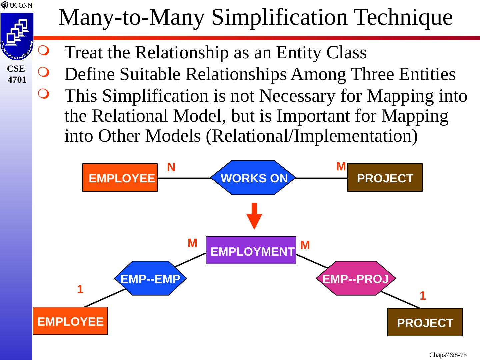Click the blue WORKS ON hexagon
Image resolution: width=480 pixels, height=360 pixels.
(x=254, y=178)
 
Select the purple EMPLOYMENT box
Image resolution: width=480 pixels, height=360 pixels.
(x=251, y=250)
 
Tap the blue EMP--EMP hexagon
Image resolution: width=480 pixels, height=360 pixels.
(x=150, y=278)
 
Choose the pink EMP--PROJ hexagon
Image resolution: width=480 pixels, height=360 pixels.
(x=356, y=278)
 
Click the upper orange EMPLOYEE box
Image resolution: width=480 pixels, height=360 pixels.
(x=120, y=178)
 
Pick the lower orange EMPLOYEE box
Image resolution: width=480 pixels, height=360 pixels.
(x=70, y=321)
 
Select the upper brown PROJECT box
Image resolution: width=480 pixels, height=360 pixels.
(x=385, y=178)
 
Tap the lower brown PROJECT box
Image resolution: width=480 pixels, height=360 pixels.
(x=425, y=322)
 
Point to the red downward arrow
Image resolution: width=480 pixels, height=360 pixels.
(x=254, y=216)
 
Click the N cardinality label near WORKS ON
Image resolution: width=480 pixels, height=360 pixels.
(x=171, y=167)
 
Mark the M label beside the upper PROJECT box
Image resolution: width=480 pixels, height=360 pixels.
(x=341, y=166)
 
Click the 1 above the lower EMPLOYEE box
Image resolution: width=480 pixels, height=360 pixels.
(x=80, y=289)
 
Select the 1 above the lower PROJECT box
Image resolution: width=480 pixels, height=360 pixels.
(x=423, y=296)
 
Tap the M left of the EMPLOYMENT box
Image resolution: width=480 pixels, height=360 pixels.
(x=192, y=243)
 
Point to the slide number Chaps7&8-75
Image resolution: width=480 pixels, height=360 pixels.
(x=448, y=355)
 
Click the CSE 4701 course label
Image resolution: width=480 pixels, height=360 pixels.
(x=16, y=74)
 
